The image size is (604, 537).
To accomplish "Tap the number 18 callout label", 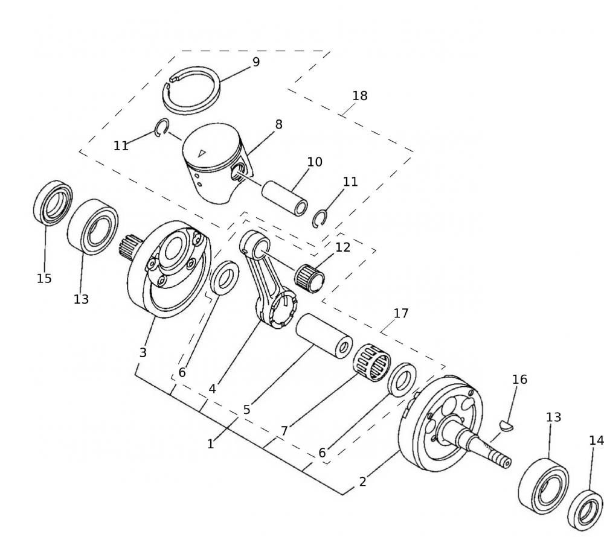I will point(360,96).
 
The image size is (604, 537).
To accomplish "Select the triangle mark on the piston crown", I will point(202,153).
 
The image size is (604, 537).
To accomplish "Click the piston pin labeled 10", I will point(284,192).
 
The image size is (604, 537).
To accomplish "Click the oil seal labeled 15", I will point(52,202).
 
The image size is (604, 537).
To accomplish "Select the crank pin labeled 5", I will point(324,335).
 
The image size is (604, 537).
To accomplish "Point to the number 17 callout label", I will point(401,314).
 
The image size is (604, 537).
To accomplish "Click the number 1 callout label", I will point(210,445).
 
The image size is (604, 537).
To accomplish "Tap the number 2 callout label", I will point(362,482).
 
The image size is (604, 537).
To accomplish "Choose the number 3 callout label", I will point(143,353).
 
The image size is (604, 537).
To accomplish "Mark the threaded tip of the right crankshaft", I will point(505,462).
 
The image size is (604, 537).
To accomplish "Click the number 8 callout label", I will point(278,125).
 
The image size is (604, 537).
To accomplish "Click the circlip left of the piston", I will point(161,129).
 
